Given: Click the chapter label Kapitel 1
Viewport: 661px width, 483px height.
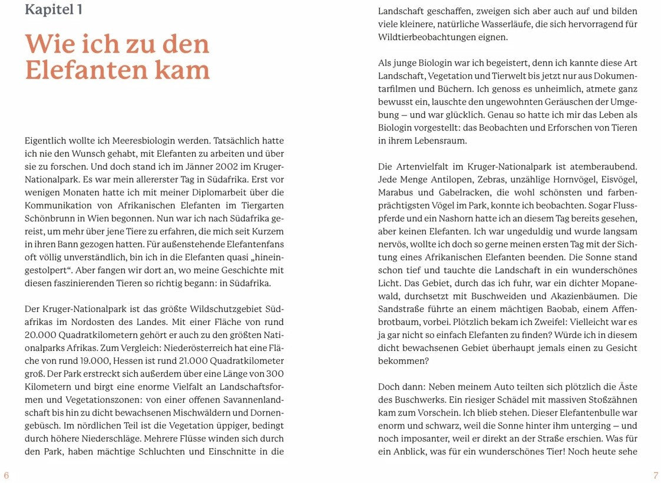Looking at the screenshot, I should [x=53, y=9].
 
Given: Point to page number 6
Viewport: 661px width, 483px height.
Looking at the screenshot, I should [x=6, y=475].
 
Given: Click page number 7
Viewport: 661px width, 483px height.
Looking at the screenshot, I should [x=655, y=475].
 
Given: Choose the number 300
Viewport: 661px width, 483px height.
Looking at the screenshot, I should [x=275, y=373].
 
